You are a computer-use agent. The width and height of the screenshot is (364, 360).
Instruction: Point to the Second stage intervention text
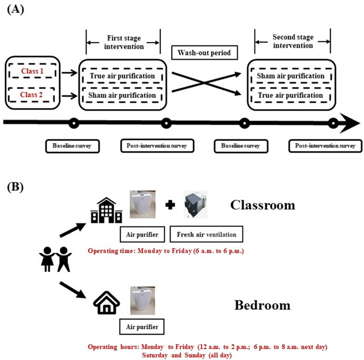[x=292, y=41]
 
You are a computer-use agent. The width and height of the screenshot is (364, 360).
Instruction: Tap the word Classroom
[x=262, y=205]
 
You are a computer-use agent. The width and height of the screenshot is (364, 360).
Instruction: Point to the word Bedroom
[x=262, y=305]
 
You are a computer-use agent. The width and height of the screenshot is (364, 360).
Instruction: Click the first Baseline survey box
[x=73, y=146]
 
